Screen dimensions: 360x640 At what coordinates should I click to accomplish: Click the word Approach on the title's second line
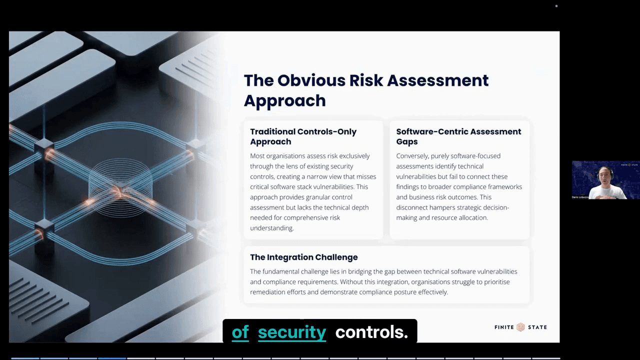pyautogui.click(x=284, y=100)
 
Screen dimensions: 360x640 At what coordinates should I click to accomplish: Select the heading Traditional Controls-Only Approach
pyautogui.click(x=303, y=136)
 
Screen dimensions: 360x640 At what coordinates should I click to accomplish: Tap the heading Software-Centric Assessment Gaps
pyautogui.click(x=458, y=136)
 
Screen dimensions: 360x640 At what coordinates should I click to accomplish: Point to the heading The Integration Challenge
pyautogui.click(x=303, y=257)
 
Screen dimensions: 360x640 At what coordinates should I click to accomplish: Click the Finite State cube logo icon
pyautogui.click(x=520, y=327)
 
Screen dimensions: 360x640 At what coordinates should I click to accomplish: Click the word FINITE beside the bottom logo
pyautogui.click(x=504, y=327)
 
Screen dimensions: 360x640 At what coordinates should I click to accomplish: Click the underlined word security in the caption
pyautogui.click(x=292, y=332)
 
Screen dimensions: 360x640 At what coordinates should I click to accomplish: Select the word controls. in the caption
pyautogui.click(x=371, y=332)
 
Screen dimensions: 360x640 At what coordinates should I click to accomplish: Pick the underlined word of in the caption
pyautogui.click(x=240, y=332)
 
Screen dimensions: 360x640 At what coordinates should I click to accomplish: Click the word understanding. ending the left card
pyautogui.click(x=271, y=228)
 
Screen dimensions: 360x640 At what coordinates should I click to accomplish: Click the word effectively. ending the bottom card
pyautogui.click(x=432, y=292)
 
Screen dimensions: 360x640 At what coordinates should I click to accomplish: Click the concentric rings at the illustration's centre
pyautogui.click(x=120, y=188)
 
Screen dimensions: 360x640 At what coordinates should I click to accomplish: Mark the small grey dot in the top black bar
pyautogui.click(x=556, y=6)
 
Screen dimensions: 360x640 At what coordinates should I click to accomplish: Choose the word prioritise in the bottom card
pyautogui.click(x=492, y=282)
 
